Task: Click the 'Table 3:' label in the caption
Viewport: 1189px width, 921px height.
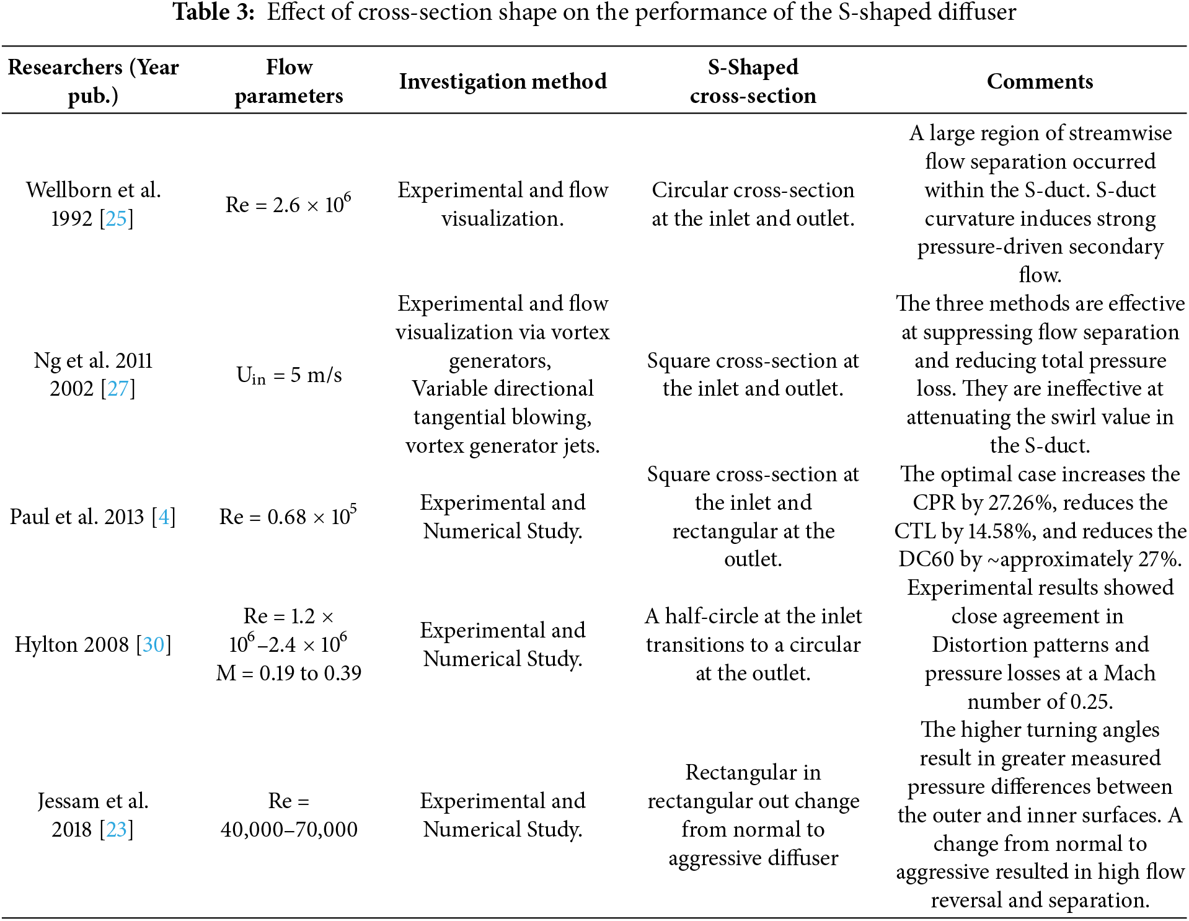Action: (213, 12)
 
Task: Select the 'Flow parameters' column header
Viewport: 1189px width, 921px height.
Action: (289, 81)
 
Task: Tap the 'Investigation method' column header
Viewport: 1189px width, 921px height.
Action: (503, 81)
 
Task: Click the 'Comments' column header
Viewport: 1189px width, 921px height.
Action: (1040, 81)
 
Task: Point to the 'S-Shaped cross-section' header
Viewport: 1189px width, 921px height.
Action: (753, 81)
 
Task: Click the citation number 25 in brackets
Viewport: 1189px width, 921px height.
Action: (116, 218)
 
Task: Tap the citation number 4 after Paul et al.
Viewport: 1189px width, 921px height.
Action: (164, 517)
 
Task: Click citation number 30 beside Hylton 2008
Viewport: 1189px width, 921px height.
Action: (153, 645)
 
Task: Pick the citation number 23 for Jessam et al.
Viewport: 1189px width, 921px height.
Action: (117, 830)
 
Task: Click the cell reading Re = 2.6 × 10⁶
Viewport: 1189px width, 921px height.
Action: (288, 203)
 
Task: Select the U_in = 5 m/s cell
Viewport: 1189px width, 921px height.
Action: (289, 375)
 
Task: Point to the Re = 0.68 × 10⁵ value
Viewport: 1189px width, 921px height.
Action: (288, 516)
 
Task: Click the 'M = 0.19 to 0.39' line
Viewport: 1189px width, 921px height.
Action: (289, 673)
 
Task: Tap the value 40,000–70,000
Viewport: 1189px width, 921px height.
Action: (289, 830)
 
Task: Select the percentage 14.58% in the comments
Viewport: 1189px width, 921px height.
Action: (1001, 532)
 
